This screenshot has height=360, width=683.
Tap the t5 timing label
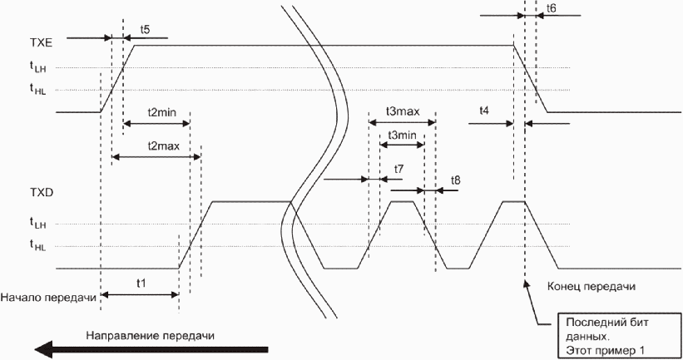tap(145, 30)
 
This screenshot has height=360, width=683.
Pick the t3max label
tap(403, 111)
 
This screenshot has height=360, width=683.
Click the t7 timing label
tap(399, 169)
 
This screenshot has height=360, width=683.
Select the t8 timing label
tap(455, 180)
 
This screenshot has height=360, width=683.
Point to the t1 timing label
tap(142, 283)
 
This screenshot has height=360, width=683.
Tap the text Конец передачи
tap(591, 287)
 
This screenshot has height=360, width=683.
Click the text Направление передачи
tap(149, 335)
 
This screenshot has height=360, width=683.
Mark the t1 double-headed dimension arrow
tap(140, 293)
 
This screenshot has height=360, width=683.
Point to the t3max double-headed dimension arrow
tap(402, 124)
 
